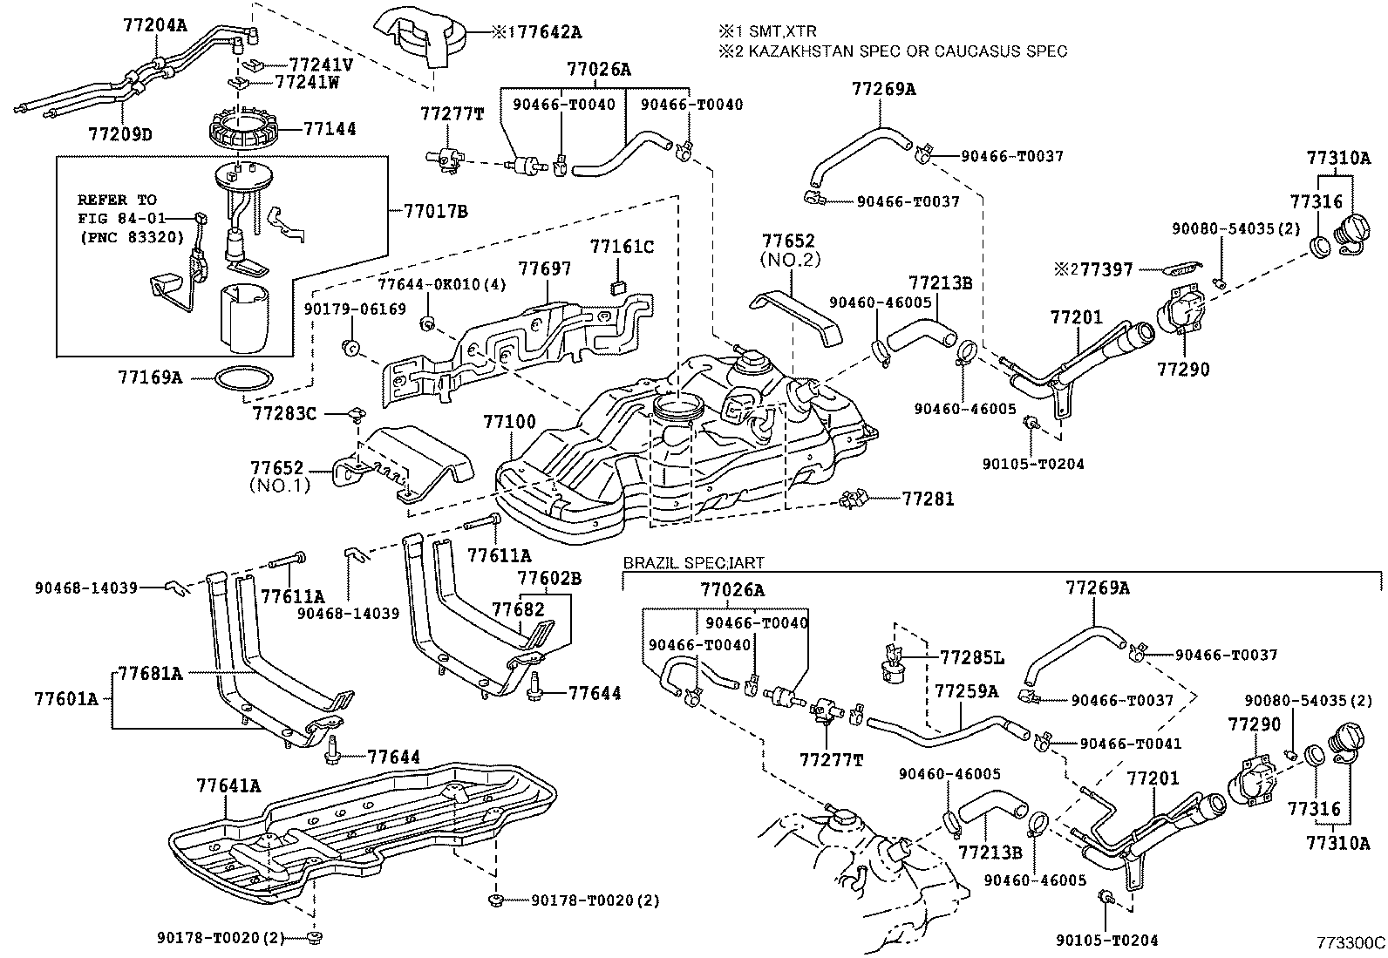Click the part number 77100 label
coord(509,422)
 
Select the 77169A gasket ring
coord(242,378)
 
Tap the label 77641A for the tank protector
coord(228,786)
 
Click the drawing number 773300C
coord(1351,942)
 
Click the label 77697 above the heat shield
coord(545,268)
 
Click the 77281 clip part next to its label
coord(852,499)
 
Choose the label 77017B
coord(436,211)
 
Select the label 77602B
coord(548,578)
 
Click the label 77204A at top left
coord(154,24)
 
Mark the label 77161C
coord(621,247)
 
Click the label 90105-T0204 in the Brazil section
coord(1106,941)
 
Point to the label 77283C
coord(284,412)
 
